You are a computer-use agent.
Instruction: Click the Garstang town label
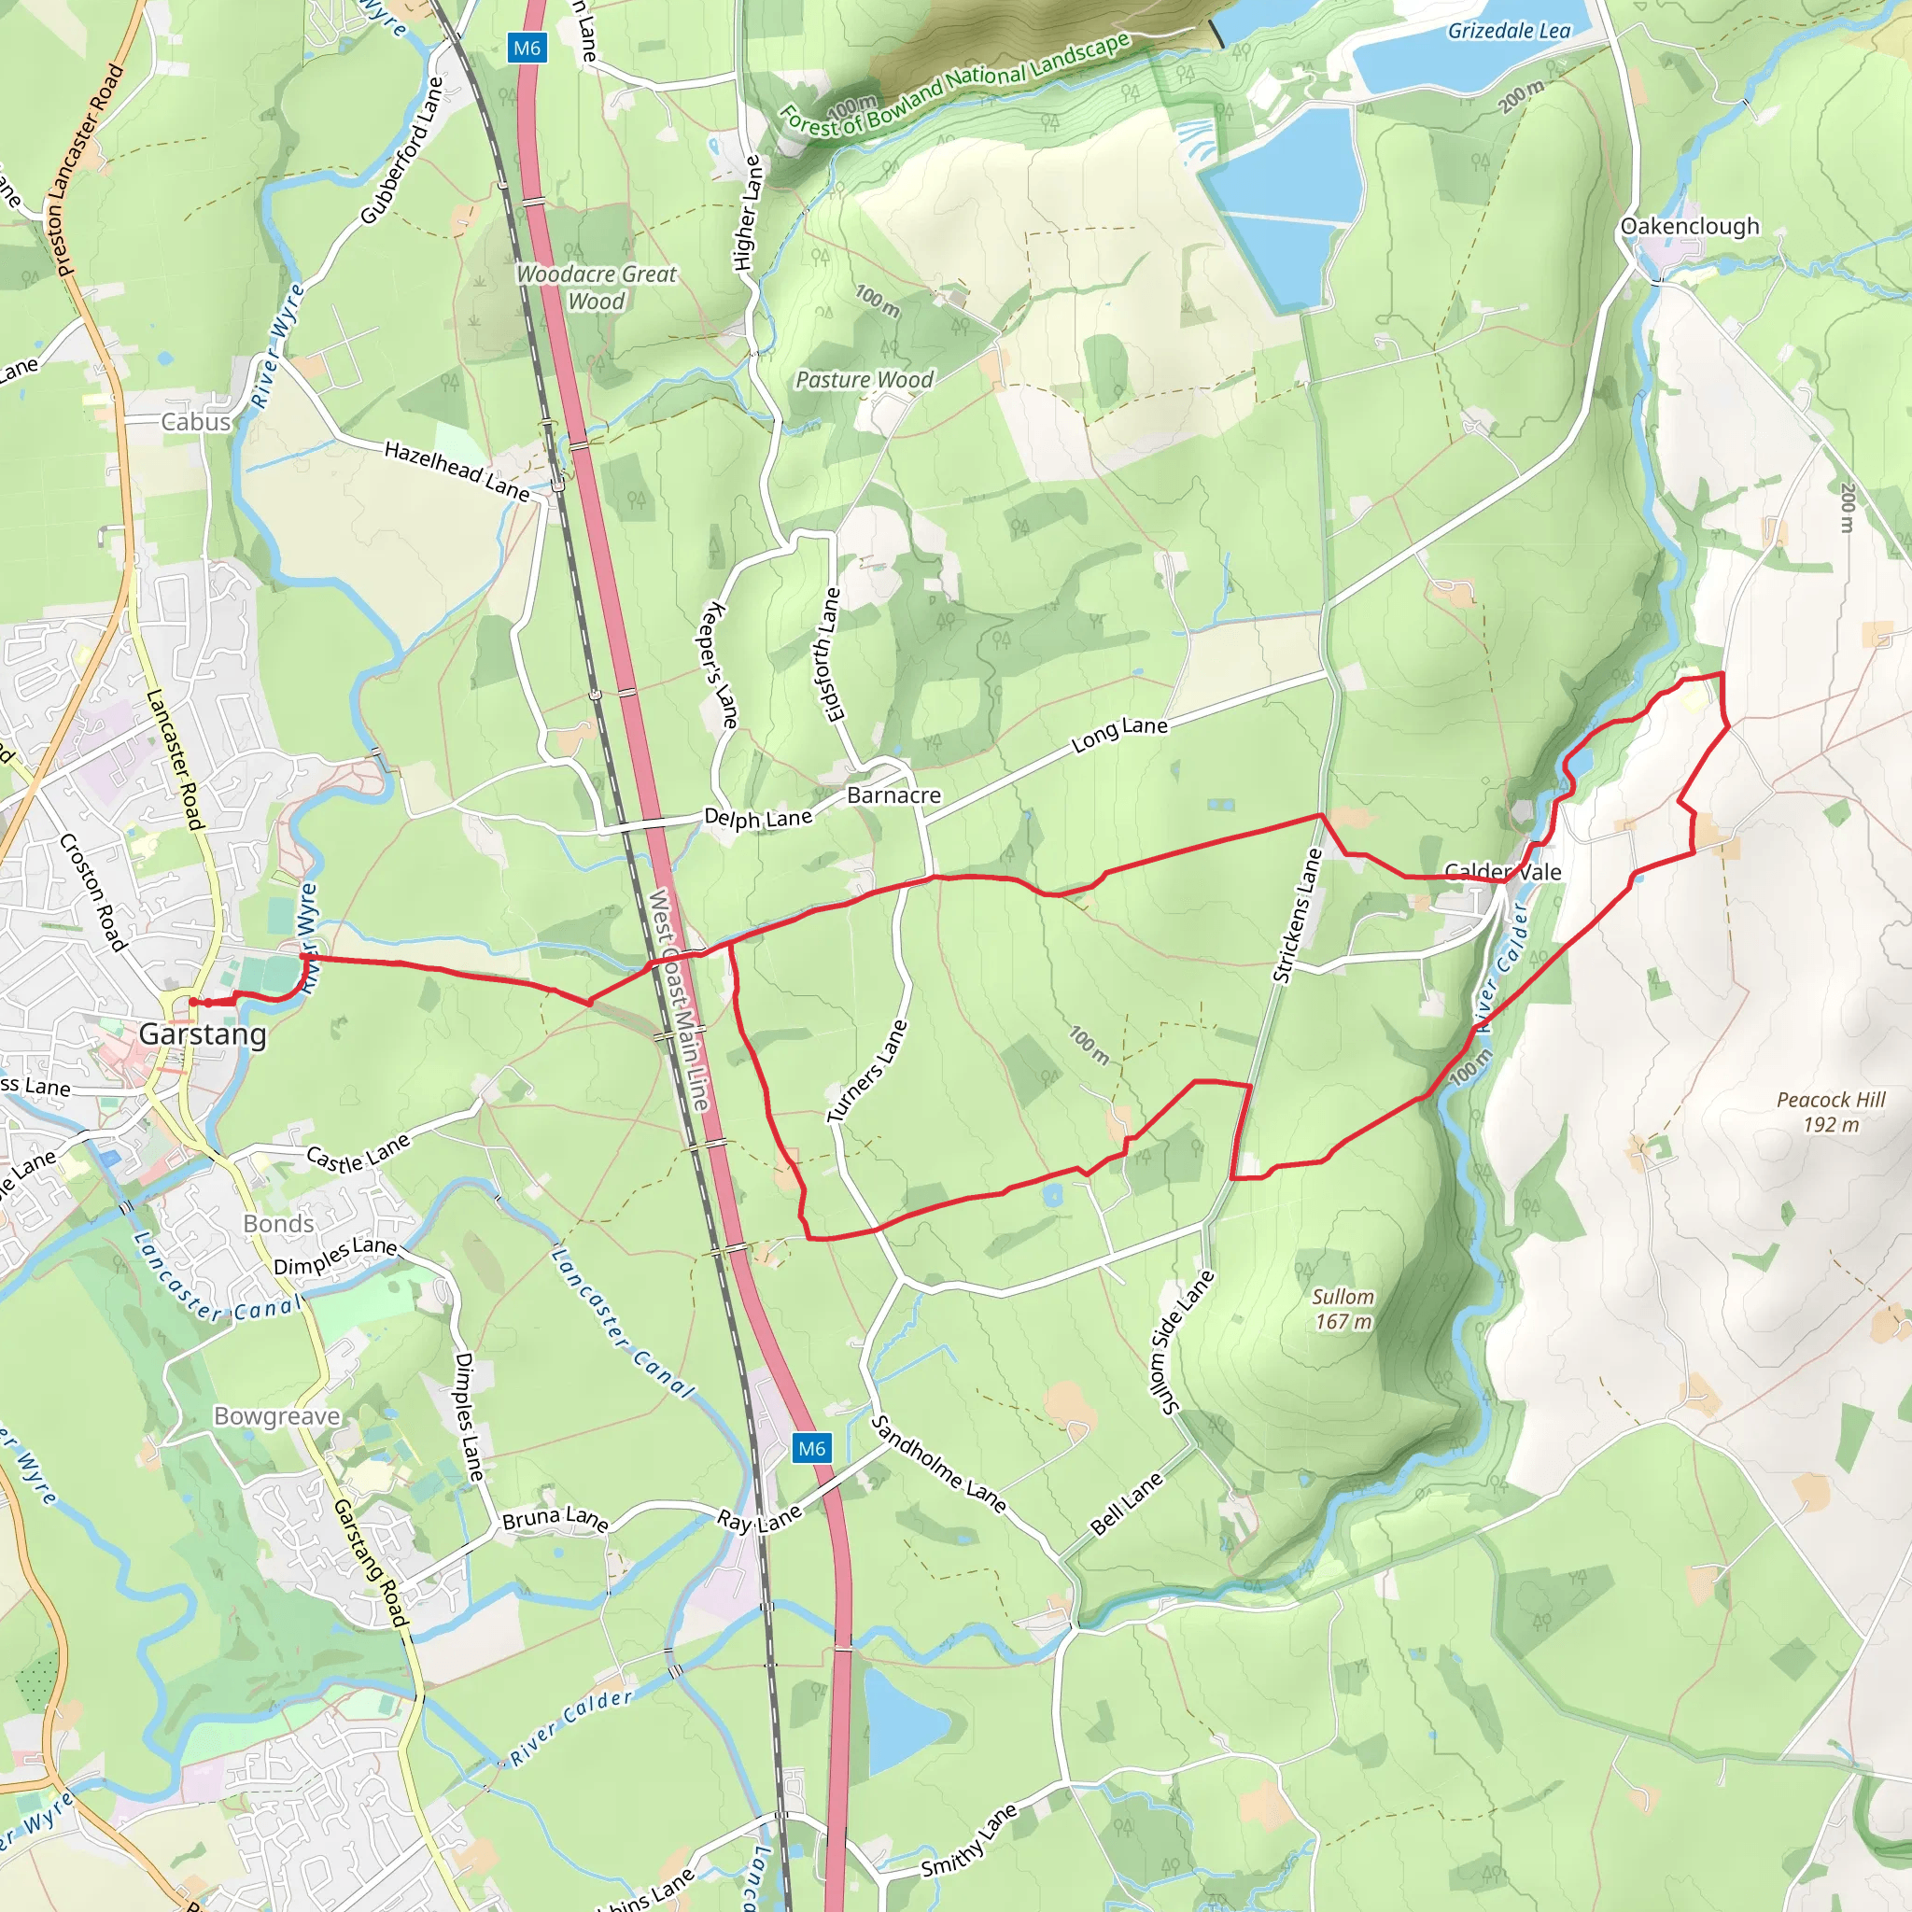pyautogui.click(x=202, y=1034)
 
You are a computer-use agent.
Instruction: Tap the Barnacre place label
pyautogui.click(x=893, y=795)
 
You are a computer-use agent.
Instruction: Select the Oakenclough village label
pyautogui.click(x=1689, y=227)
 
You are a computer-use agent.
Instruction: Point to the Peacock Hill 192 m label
pyautogui.click(x=1831, y=1111)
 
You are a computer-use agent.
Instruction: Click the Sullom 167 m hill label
pyautogui.click(x=1343, y=1308)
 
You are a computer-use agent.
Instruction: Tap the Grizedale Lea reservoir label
pyautogui.click(x=1509, y=32)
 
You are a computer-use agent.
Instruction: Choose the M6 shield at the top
pyautogui.click(x=527, y=48)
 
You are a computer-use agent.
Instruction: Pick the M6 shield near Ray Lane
pyautogui.click(x=811, y=1449)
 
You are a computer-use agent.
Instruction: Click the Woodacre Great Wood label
pyautogui.click(x=597, y=287)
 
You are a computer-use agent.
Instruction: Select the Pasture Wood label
pyautogui.click(x=864, y=380)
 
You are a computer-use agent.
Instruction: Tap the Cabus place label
pyautogui.click(x=196, y=423)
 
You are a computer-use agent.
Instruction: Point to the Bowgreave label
pyautogui.click(x=277, y=1416)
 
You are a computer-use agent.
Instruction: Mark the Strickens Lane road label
pyautogui.click(x=1298, y=916)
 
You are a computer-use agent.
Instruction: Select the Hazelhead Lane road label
pyautogui.click(x=457, y=471)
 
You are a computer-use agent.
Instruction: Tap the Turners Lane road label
pyautogui.click(x=866, y=1071)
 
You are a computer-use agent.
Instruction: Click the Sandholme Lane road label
pyautogui.click(x=938, y=1465)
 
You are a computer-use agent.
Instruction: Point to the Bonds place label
pyautogui.click(x=278, y=1224)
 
